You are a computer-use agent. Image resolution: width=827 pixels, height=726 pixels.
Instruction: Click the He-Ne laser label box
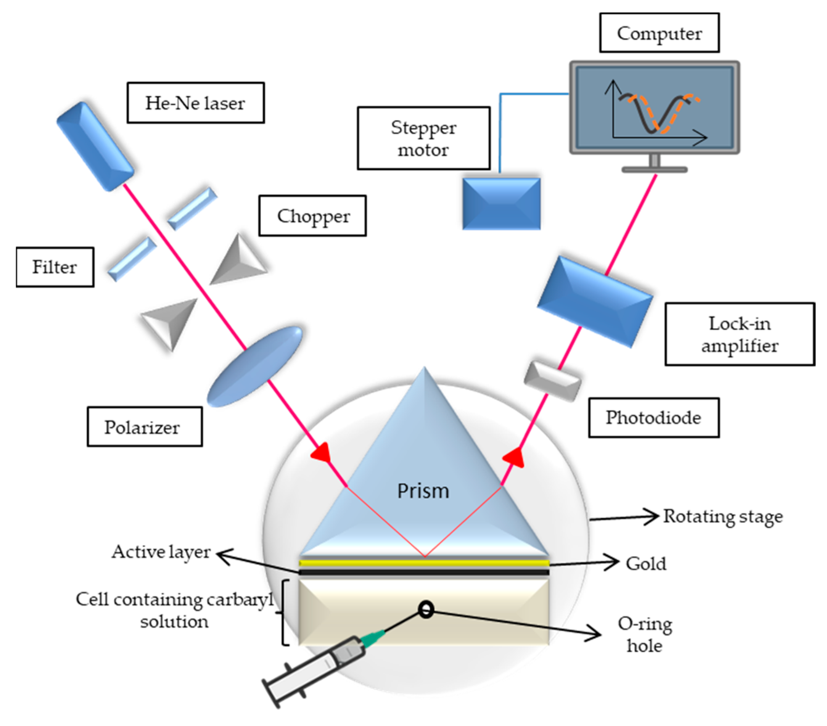195,103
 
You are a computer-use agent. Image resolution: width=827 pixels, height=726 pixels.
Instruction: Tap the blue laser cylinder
95,146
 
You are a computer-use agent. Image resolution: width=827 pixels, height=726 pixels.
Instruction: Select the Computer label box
659,33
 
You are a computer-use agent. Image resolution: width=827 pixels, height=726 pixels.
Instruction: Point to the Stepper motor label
423,138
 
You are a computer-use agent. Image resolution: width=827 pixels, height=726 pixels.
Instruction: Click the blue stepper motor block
501,204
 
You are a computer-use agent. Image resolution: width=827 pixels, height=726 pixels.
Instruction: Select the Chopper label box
312,216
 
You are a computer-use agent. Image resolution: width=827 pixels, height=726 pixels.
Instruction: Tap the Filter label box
55,267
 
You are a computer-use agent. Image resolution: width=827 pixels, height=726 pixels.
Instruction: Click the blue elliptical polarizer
255,366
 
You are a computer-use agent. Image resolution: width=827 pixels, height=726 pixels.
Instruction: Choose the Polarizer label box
144,427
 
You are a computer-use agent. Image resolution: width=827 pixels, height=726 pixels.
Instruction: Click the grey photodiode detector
553,381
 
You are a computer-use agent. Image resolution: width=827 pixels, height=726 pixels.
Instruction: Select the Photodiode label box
653,418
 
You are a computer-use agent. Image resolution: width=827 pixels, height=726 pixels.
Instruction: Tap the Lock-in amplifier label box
740,334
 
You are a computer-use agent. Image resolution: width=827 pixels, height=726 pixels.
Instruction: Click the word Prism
423,491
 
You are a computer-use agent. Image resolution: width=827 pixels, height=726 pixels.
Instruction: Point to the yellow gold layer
424,563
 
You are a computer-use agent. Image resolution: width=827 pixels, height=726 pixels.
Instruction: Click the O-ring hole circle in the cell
426,609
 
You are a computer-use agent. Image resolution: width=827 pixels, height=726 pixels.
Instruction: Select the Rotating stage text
723,517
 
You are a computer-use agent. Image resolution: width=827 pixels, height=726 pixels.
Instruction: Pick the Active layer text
161,552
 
